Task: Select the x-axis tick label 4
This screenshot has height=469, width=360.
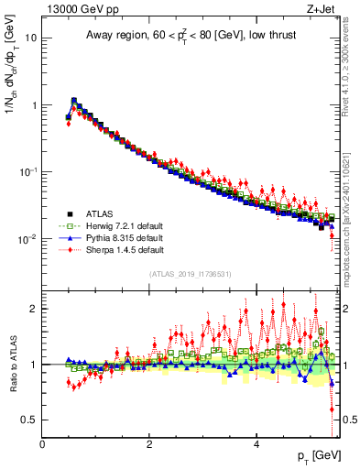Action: [256, 444]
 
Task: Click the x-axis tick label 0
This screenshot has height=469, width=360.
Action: [42, 444]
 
